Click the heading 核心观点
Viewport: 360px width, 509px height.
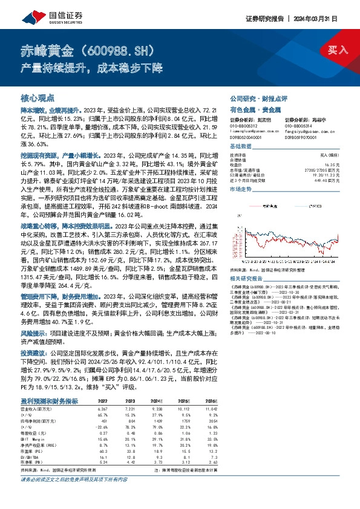coord(38,97)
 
